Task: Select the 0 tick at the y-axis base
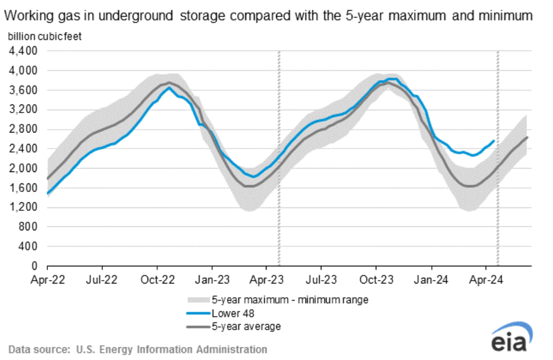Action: (35, 266)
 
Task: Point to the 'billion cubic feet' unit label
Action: (44, 37)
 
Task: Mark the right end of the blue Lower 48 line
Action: (494, 141)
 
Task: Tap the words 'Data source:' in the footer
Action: (34, 349)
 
